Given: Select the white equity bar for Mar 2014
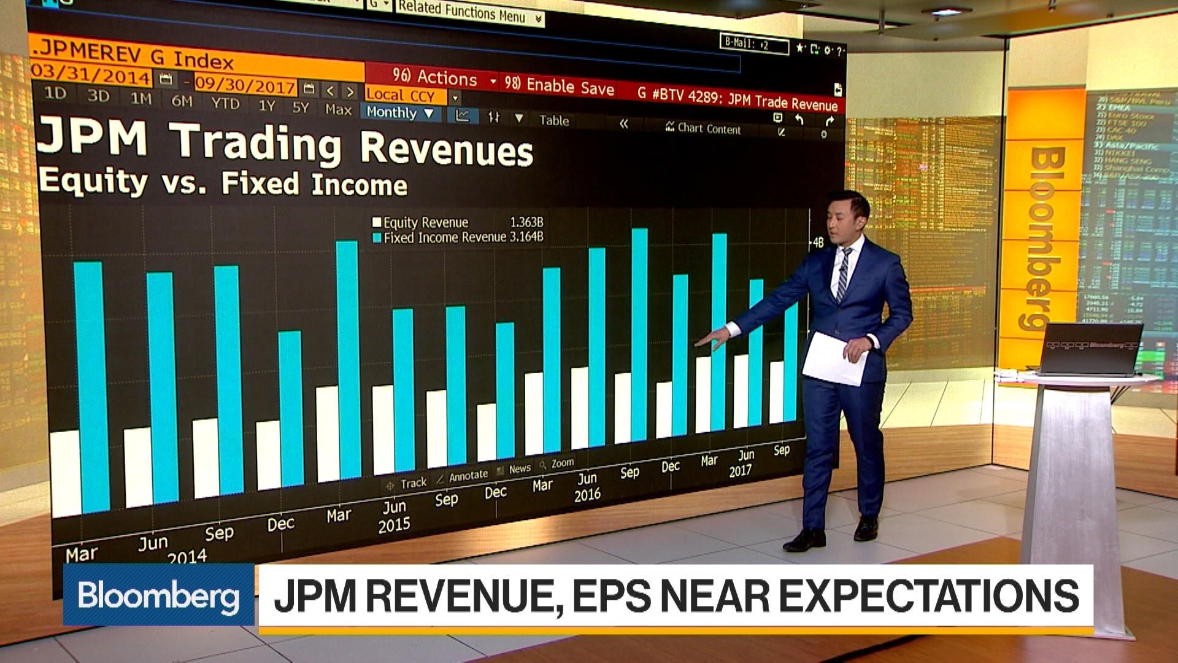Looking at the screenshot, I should [66, 473].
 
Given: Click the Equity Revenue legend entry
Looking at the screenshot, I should [425, 222].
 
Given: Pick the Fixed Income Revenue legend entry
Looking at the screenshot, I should [444, 238].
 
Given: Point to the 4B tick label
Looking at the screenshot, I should [818, 243].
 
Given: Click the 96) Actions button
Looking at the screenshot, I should [434, 77].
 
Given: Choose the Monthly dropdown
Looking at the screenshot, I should [399, 112].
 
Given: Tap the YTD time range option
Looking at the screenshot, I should [225, 103].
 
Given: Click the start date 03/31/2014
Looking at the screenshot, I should [90, 74].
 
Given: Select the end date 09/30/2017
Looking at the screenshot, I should [245, 85].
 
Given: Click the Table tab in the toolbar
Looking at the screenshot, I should [554, 120].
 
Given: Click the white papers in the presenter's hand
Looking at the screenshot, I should [834, 359].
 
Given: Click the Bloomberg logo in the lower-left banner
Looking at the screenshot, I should [158, 595].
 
